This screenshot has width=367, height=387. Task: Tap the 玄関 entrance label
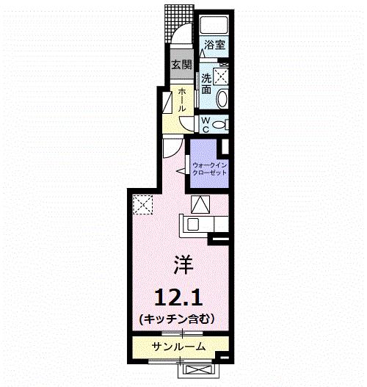[x=181, y=65]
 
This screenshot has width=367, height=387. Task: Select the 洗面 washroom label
[x=208, y=84]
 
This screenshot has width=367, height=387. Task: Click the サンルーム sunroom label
[x=178, y=346]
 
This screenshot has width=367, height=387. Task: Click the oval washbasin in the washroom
[x=224, y=99]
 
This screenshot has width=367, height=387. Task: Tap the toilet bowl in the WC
[x=222, y=123]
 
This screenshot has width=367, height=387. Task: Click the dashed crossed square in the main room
[x=142, y=204]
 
